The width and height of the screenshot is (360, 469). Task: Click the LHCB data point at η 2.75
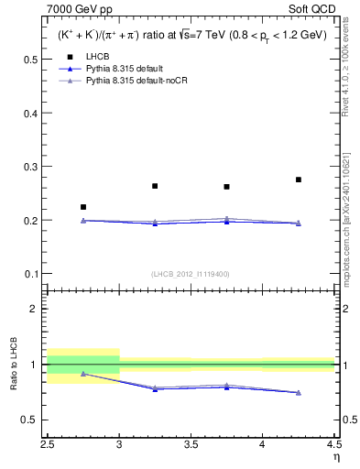pyautogui.click(x=83, y=207)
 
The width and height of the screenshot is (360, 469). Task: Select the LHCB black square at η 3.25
pyautogui.click(x=155, y=186)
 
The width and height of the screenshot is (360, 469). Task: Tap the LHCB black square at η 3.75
pyautogui.click(x=226, y=187)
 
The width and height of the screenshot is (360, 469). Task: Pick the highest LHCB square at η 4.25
pyautogui.click(x=299, y=180)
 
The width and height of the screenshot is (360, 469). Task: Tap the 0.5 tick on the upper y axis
pyautogui.click(x=34, y=60)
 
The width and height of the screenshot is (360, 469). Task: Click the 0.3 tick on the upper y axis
pyautogui.click(x=34, y=167)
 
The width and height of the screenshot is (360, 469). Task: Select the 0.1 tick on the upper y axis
pyautogui.click(x=34, y=274)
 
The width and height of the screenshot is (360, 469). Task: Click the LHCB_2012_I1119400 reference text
pyautogui.click(x=190, y=274)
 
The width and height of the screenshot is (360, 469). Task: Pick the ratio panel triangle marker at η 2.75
pyautogui.click(x=83, y=374)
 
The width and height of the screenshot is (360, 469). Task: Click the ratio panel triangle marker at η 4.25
pyautogui.click(x=299, y=392)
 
